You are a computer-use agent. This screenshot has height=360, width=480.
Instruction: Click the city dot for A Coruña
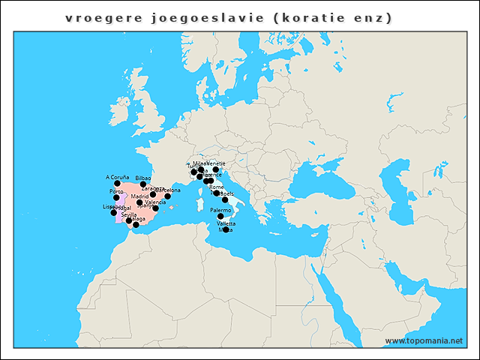coord(117,183)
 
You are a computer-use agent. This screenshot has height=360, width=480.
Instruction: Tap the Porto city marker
coord(116,198)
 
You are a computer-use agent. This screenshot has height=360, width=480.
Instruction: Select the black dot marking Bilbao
coord(143,184)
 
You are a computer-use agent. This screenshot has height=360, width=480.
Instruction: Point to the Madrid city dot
coord(139,202)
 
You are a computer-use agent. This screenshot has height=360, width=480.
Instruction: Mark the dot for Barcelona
coord(167,196)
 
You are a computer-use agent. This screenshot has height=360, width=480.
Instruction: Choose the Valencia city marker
coord(155,208)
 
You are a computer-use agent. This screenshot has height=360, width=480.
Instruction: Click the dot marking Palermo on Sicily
coord(220,217)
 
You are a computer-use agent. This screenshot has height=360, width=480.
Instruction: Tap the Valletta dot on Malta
coord(226,229)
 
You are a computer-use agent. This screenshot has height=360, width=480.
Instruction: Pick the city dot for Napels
coord(224,199)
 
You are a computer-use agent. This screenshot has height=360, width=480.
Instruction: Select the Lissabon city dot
coord(114,213)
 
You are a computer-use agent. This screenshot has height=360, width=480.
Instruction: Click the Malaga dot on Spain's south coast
coord(136,224)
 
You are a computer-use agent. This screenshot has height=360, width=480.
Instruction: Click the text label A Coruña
coord(117,177)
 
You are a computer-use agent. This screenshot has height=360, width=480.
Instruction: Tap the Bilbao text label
coord(143,178)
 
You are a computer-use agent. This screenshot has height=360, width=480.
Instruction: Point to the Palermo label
coord(220,211)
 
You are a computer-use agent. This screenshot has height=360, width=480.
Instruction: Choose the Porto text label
coord(115,192)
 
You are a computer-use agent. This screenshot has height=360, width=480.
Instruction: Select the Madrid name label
coord(140,196)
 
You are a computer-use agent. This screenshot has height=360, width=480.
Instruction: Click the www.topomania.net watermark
coord(424,340)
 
